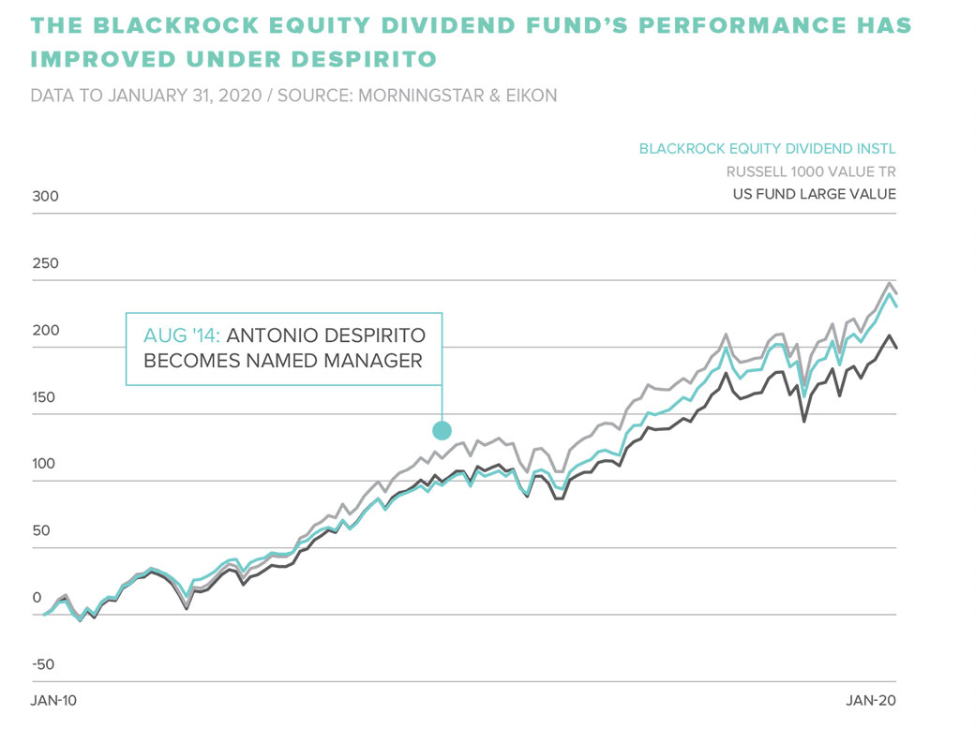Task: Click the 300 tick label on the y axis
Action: click(x=45, y=197)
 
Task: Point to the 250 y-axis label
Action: click(x=45, y=263)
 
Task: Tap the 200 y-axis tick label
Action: click(x=45, y=331)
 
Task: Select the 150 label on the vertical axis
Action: click(x=45, y=397)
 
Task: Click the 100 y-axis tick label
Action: click(x=45, y=465)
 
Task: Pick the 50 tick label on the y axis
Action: click(x=41, y=531)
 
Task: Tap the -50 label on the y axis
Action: click(x=43, y=665)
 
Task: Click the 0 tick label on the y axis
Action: click(x=37, y=598)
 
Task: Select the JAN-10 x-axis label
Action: click(x=54, y=700)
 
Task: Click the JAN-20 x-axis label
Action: click(x=872, y=700)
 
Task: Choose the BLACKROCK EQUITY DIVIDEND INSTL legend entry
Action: click(x=767, y=149)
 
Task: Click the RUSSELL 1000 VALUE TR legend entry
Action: click(x=811, y=171)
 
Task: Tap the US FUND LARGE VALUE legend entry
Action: click(x=813, y=194)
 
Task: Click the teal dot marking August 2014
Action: click(x=442, y=431)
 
